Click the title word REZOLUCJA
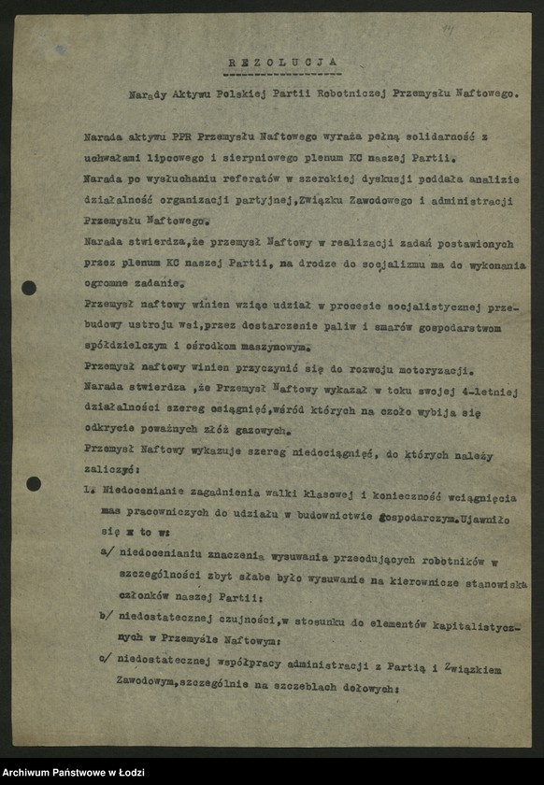coord(283,62)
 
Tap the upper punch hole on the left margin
coord(29,288)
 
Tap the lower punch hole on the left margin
coord(34,483)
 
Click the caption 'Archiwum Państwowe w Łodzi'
coord(67,772)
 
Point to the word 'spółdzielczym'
coord(125,345)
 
